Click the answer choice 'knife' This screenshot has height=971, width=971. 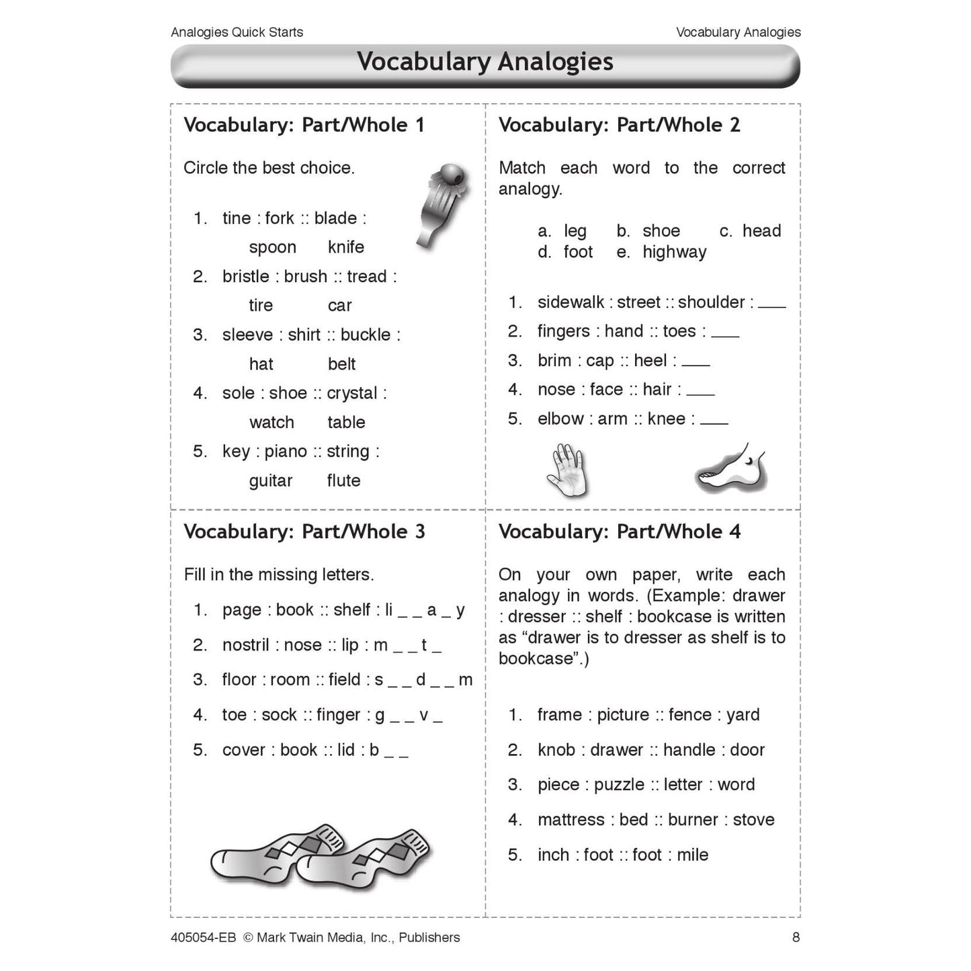tap(345, 247)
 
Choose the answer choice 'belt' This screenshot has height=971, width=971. tap(341, 364)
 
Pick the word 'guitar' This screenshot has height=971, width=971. tap(270, 481)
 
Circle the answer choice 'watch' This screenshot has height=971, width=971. tap(271, 423)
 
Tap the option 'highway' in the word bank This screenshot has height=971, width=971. tap(674, 252)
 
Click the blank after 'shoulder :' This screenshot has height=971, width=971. tap(771, 304)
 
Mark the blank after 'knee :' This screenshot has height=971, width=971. tap(714, 421)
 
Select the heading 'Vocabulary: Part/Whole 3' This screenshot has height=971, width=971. tap(304, 532)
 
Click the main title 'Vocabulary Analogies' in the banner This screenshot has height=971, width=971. tap(484, 62)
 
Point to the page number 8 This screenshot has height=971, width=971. tap(796, 937)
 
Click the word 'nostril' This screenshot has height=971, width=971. tap(245, 645)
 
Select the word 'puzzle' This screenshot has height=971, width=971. tap(618, 785)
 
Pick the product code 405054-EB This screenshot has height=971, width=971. tap(203, 937)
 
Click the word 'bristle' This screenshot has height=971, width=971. tap(245, 277)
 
